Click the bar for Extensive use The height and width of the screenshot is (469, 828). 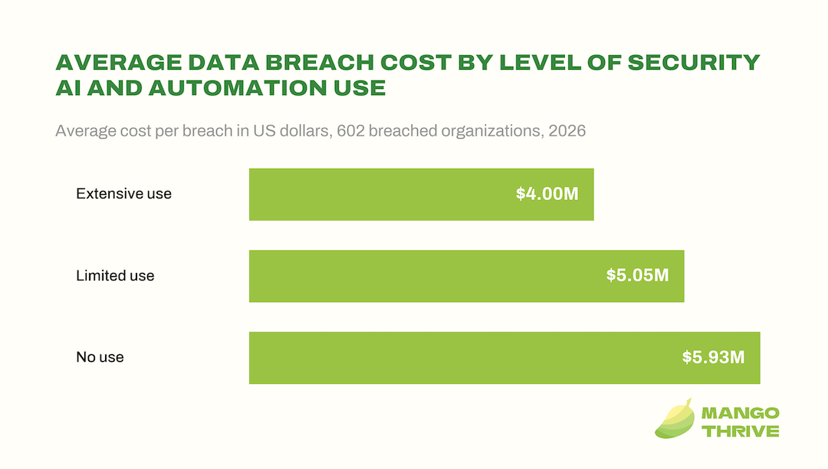point(422,194)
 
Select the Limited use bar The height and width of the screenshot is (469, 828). point(467,276)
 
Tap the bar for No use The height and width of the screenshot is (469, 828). point(504,358)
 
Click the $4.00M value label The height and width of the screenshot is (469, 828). point(547,194)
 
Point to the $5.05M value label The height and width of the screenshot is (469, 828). point(637,275)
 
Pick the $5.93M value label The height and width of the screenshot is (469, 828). point(714,357)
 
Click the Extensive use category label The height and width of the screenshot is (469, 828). point(123,194)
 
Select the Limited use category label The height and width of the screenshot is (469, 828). point(115,275)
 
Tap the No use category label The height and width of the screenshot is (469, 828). point(100,357)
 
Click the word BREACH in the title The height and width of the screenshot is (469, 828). point(320,62)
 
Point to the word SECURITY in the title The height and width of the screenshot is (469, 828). point(693,62)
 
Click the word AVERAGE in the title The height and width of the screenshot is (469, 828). point(119,62)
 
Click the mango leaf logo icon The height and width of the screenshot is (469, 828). point(675,418)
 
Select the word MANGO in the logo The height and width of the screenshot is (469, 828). point(741,412)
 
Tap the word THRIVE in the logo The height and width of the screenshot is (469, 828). point(741,431)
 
